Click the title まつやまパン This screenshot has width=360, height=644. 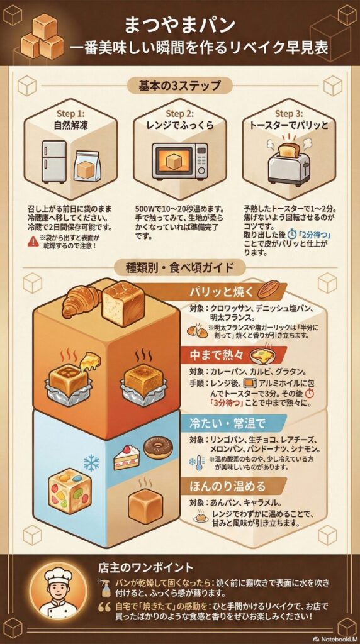click(180, 25)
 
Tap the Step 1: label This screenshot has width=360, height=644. click(70, 113)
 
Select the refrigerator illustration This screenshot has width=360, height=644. click(53, 162)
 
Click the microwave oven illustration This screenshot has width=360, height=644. click(179, 160)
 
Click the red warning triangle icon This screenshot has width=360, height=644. click(33, 241)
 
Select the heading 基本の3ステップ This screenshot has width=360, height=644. click(179, 86)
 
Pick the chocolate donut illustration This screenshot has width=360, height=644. click(158, 448)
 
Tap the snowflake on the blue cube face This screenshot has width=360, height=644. click(91, 464)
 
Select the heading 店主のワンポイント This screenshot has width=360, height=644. click(145, 568)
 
